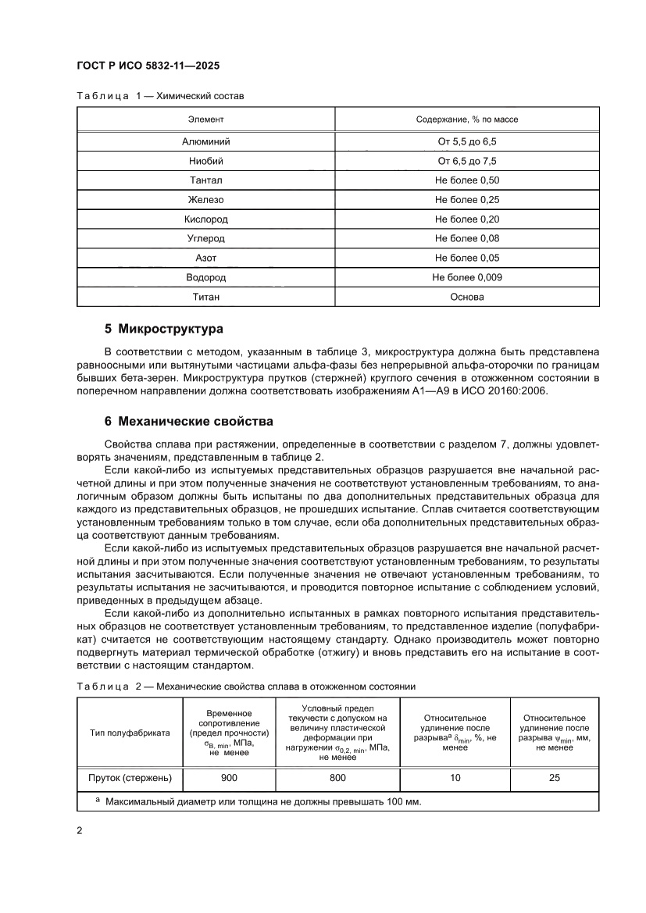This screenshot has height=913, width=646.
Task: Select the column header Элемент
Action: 205,119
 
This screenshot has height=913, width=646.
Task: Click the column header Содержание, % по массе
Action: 467,119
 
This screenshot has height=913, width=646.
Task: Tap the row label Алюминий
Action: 205,141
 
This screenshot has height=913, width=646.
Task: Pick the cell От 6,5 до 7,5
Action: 467,161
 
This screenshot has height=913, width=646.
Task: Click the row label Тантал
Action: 205,180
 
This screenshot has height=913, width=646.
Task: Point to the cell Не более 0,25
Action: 467,200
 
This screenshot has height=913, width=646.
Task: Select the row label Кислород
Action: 205,219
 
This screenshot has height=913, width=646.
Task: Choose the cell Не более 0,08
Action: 467,238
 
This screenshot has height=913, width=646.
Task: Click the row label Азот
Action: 205,258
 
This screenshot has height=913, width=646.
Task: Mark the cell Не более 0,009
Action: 467,277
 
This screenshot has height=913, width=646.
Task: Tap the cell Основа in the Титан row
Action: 467,297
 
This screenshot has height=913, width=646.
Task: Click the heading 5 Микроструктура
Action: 164,328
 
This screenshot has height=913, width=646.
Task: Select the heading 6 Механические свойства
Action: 188,422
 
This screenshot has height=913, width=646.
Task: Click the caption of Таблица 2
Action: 245,687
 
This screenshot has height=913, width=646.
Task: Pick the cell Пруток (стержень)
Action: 129,777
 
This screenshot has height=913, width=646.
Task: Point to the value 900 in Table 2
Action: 229,777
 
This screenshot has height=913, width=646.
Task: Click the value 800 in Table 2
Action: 337,777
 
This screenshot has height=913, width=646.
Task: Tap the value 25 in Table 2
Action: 554,777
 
